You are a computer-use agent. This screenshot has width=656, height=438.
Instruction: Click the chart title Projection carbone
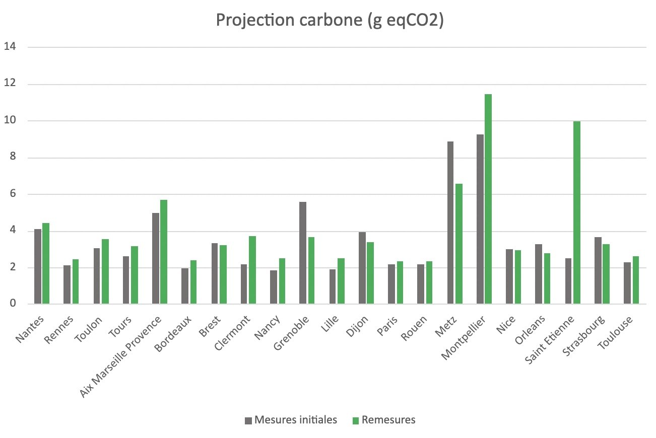(x=330, y=20)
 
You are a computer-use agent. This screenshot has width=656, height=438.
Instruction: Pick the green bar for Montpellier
(x=488, y=199)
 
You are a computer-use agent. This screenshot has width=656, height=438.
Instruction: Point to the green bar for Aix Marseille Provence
(x=164, y=252)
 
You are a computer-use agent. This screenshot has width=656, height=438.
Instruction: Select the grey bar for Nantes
(x=38, y=266)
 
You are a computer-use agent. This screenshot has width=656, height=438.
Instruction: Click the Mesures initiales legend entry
(x=291, y=420)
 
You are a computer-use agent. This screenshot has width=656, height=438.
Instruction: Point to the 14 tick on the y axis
(x=10, y=47)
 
